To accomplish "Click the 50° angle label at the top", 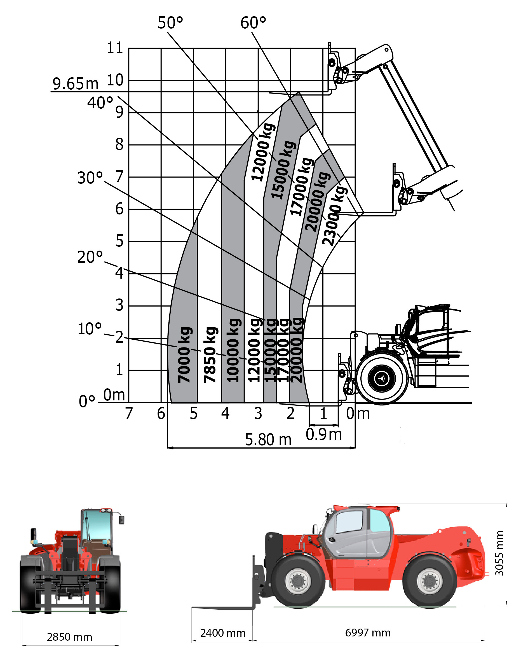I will click(x=170, y=23).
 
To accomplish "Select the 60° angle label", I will click(x=253, y=23).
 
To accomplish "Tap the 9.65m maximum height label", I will click(x=75, y=84).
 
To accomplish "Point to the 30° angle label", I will click(x=90, y=178).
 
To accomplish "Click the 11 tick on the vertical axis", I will click(x=115, y=48).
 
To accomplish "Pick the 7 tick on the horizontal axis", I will click(x=129, y=414).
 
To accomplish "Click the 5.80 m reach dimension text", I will click(x=268, y=440).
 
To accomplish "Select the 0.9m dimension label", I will click(x=324, y=434).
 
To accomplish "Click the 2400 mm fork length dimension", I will click(x=223, y=633).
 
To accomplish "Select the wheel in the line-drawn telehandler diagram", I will click(x=382, y=379).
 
